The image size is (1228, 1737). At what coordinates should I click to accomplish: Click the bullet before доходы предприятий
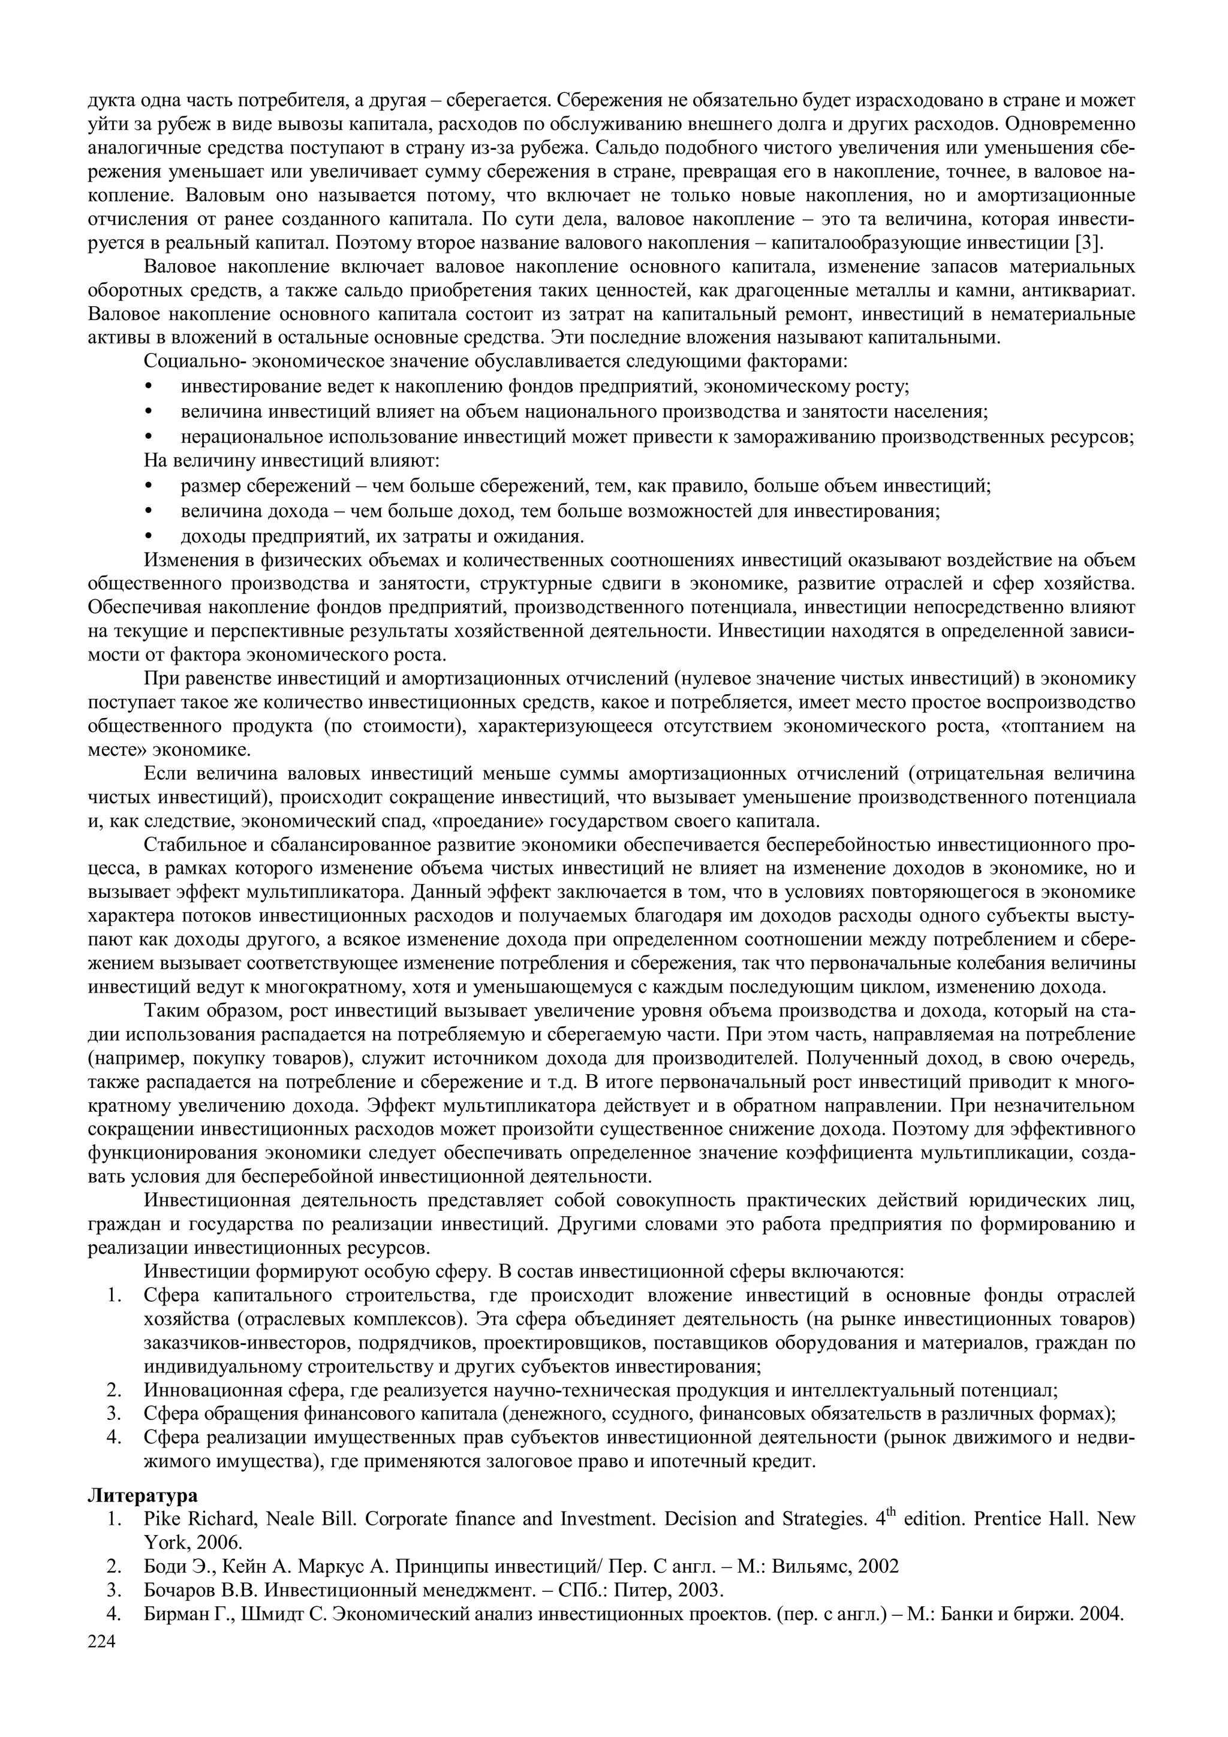tap(148, 537)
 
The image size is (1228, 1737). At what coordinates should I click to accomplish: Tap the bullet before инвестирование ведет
tap(148, 387)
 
